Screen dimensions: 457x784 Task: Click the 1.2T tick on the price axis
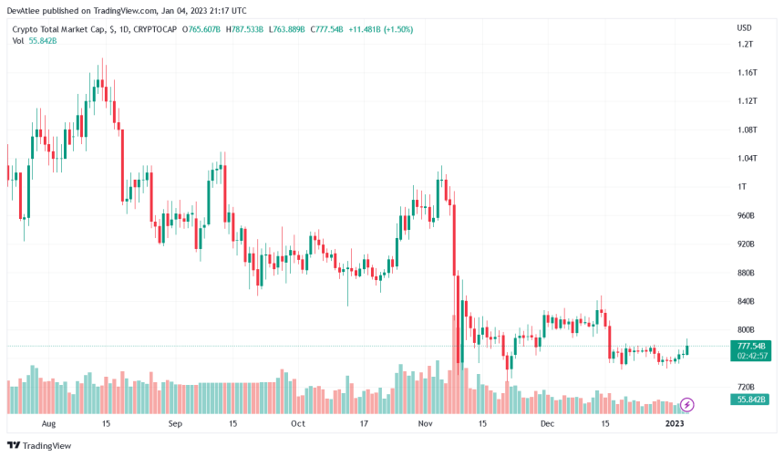pos(745,44)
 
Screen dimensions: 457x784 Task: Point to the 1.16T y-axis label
pos(747,72)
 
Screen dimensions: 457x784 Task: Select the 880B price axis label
pos(747,273)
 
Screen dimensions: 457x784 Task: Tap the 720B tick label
pos(747,387)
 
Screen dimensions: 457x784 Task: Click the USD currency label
pos(744,28)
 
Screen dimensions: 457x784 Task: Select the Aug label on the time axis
pos(49,424)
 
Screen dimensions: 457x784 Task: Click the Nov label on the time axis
pos(424,424)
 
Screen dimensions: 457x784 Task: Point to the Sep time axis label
pos(175,424)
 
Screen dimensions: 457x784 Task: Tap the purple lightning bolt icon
pos(687,404)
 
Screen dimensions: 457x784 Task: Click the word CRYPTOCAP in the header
pos(155,29)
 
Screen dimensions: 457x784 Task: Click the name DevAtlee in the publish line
pos(25,10)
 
